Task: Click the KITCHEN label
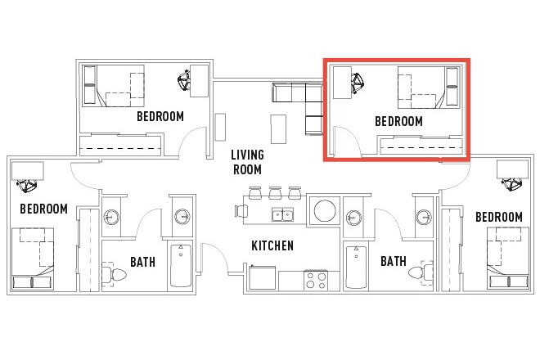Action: coord(272,245)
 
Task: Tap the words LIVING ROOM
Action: coord(247,162)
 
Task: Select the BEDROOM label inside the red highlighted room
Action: coord(398,121)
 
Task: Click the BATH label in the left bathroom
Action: coord(142,262)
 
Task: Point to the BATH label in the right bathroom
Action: coord(394,261)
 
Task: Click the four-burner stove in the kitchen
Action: coord(316,281)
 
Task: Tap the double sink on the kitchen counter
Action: coord(282,214)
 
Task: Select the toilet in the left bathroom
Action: coord(115,275)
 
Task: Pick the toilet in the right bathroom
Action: coord(421,272)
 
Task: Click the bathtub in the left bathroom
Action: coord(181,266)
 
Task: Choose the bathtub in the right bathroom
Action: coord(356,267)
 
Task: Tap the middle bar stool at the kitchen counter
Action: coord(275,193)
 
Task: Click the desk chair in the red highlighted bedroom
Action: coord(357,83)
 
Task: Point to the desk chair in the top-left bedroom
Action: coord(184,80)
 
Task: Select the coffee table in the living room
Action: coord(278,129)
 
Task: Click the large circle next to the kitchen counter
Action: coord(325,210)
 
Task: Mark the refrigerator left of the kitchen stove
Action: coord(263,277)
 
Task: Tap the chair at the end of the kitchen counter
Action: coord(241,211)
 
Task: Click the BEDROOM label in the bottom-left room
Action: coord(43,209)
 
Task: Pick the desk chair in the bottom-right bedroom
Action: coord(511,184)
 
